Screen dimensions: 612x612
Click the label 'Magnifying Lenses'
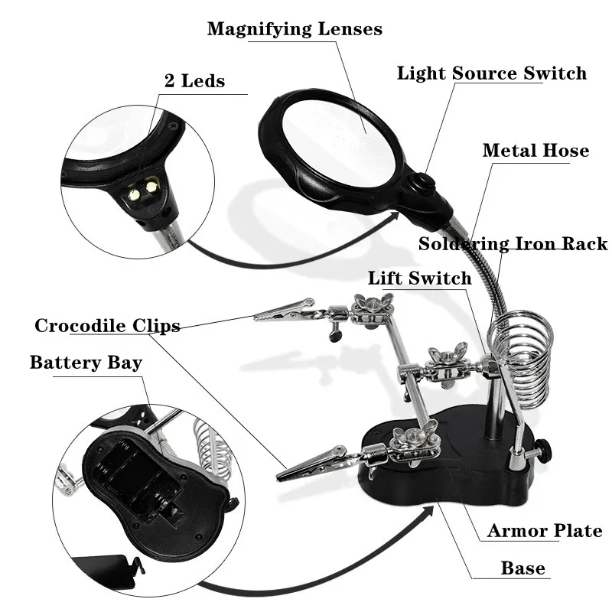pos(295,30)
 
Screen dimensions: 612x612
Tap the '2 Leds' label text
pos(194,80)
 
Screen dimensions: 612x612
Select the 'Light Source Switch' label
pos(491,73)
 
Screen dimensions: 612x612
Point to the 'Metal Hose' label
pos(535,150)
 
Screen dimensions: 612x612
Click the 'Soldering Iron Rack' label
pos(513,244)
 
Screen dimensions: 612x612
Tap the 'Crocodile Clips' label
pos(107,326)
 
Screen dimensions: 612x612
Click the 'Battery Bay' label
pos(86,362)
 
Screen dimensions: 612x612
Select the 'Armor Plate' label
pos(545,531)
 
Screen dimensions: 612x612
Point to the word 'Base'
pos(523,568)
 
